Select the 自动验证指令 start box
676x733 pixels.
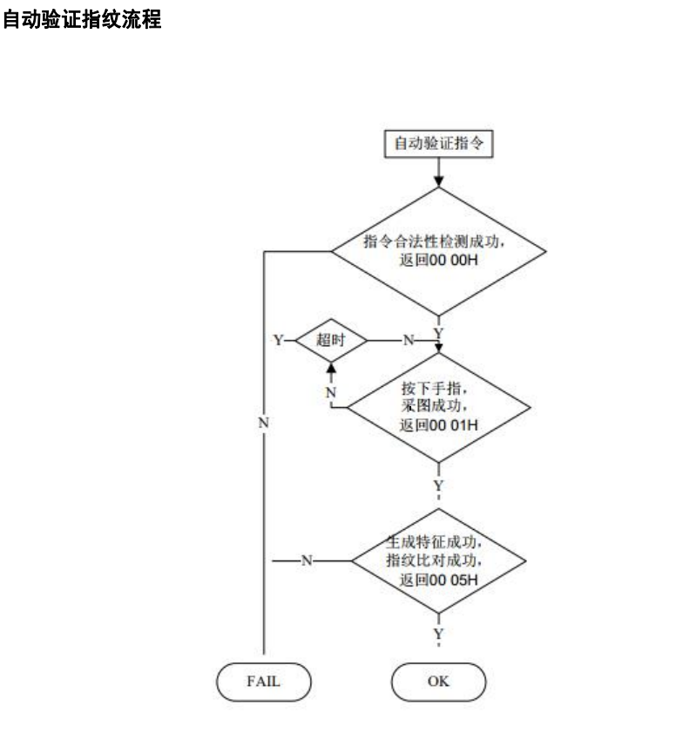pyautogui.click(x=439, y=146)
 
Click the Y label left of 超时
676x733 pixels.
pyautogui.click(x=280, y=341)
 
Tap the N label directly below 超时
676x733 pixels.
pyautogui.click(x=330, y=393)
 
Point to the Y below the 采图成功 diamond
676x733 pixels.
pyautogui.click(x=438, y=485)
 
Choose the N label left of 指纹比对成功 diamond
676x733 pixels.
pyautogui.click(x=306, y=560)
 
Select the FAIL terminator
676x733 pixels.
pyautogui.click(x=262, y=682)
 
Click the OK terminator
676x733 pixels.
pyautogui.click(x=438, y=682)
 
